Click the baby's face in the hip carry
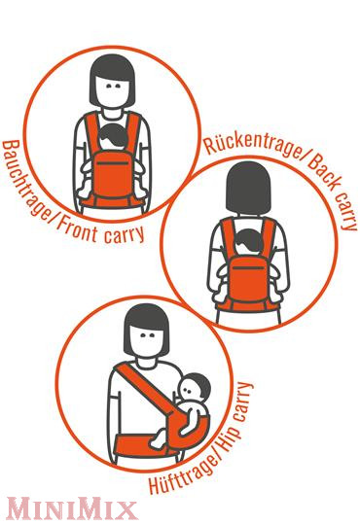coord(189,389)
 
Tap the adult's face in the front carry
coord(112,89)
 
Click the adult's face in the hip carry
coord(146,339)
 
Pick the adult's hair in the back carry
coord(248,188)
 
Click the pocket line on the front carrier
coord(113,163)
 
